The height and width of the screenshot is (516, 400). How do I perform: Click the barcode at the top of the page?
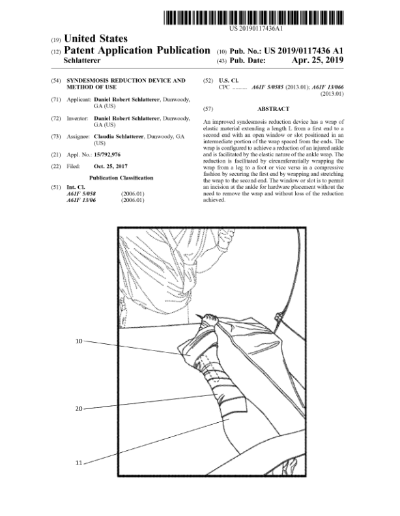tap(253, 18)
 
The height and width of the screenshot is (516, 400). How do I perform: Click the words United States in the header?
tap(96, 39)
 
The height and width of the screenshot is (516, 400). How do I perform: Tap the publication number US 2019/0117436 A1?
tap(304, 51)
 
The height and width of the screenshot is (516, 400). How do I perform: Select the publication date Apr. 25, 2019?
tap(317, 60)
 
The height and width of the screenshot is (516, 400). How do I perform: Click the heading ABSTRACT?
tap(274, 109)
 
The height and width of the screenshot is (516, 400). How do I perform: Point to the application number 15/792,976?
tap(107, 154)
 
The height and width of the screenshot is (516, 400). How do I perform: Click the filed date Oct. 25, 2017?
tap(111, 167)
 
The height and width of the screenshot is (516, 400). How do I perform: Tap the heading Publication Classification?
tap(121, 178)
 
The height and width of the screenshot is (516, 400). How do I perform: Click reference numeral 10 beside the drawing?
tap(79, 341)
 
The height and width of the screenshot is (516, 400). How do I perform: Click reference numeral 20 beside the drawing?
tap(79, 408)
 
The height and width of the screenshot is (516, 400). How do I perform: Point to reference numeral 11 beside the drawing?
tap(79, 463)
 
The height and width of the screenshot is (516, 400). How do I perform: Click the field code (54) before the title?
tap(55, 81)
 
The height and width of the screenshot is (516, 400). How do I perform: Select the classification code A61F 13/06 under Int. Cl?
tap(81, 200)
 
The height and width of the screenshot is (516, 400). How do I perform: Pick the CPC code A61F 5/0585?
tap(268, 87)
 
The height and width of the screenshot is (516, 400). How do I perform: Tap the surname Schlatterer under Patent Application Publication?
tap(82, 61)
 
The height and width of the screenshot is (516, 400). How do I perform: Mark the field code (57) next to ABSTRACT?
tap(208, 109)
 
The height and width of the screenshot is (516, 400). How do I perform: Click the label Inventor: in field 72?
tap(78, 119)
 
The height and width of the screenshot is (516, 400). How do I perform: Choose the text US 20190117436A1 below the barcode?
tap(256, 29)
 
